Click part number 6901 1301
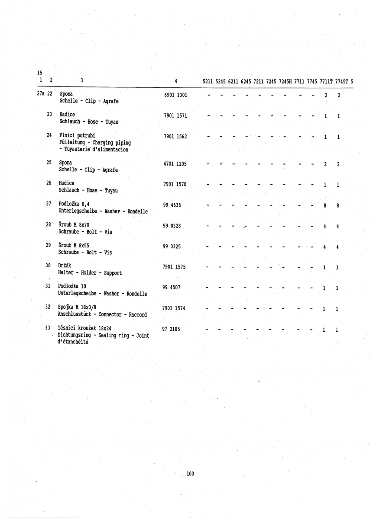click(175, 95)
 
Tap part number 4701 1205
click(175, 164)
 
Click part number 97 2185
click(172, 329)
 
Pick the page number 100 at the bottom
click(190, 474)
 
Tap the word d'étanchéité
click(73, 342)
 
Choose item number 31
click(48, 286)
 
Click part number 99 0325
click(172, 247)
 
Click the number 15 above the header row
click(40, 73)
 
